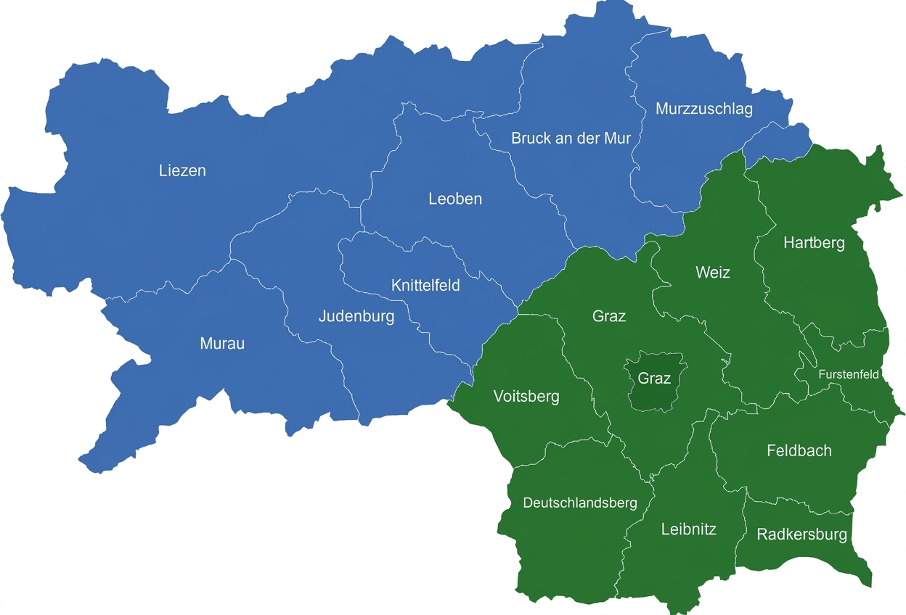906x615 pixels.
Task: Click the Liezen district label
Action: [x=182, y=171]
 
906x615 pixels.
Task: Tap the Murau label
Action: [x=222, y=344]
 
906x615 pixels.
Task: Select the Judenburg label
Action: [x=356, y=316]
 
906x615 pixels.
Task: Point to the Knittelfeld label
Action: [x=425, y=285]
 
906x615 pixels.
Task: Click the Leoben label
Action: [x=455, y=199]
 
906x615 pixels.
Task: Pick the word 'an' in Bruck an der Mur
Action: [x=563, y=138]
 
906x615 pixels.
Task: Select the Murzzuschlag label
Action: [x=703, y=109]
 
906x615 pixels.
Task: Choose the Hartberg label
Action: [x=814, y=243]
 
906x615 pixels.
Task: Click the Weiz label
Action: [x=712, y=273]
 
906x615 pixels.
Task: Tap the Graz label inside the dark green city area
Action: [x=654, y=379]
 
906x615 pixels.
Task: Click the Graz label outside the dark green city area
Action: [x=608, y=316]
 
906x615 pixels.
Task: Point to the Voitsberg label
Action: [x=526, y=396]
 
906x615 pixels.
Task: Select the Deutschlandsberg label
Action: [x=580, y=503]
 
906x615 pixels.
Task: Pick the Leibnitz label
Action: [x=688, y=529]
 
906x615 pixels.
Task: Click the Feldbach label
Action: [x=799, y=450]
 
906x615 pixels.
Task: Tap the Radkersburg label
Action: [x=801, y=534]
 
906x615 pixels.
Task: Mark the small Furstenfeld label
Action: [x=848, y=375]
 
